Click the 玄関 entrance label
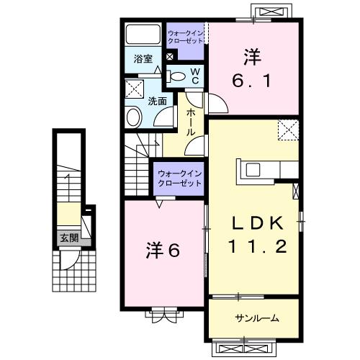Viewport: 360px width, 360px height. click(68, 238)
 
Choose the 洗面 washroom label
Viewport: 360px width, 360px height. click(157, 102)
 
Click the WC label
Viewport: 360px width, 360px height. click(195, 76)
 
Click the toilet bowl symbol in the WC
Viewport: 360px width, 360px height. click(177, 76)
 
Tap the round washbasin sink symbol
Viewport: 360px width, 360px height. click(135, 117)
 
